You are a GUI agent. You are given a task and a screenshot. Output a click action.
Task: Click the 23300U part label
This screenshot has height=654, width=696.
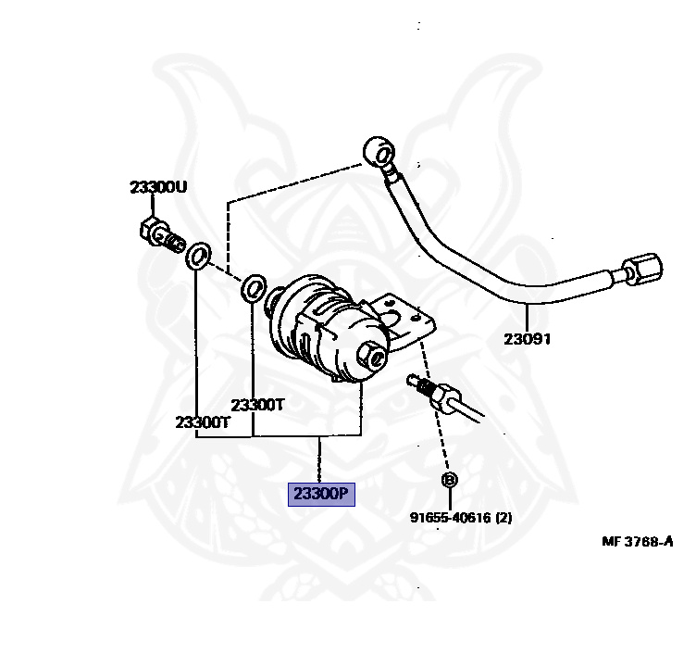click(x=157, y=187)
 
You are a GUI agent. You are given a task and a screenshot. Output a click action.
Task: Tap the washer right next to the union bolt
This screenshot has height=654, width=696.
click(x=197, y=256)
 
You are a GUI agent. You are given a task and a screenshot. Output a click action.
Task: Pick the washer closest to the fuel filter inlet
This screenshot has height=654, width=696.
click(x=253, y=288)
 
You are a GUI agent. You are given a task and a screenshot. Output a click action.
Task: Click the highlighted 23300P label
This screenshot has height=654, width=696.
click(x=320, y=494)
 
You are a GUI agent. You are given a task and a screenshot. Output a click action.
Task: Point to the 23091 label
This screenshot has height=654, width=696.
click(x=527, y=339)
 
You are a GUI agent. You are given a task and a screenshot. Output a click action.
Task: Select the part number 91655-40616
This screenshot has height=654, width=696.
click(x=450, y=519)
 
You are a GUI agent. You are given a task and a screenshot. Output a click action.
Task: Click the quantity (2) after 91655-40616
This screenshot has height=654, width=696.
click(x=503, y=519)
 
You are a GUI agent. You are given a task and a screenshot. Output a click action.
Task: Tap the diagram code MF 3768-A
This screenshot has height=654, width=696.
click(x=637, y=541)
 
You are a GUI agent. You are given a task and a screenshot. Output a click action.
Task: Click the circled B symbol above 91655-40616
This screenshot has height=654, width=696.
click(x=449, y=480)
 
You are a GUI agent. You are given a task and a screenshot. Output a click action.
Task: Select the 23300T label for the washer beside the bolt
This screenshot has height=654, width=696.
click(x=203, y=421)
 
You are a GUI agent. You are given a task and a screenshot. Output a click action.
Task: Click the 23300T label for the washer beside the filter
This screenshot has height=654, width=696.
click(x=257, y=404)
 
